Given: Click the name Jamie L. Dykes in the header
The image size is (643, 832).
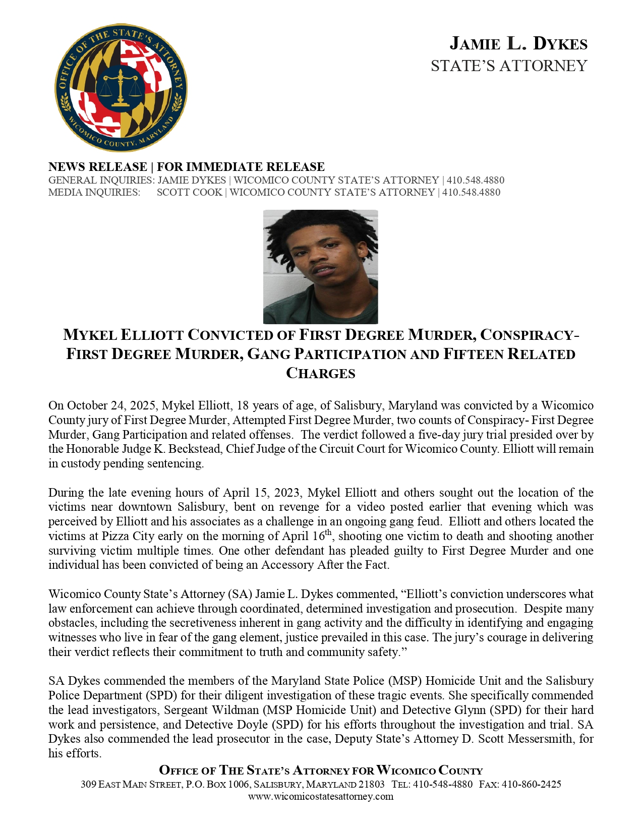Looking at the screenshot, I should pyautogui.click(x=518, y=44).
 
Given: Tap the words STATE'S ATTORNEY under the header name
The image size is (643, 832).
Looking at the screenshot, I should pyautogui.click(x=509, y=66).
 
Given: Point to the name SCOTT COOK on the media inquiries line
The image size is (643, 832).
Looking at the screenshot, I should pyautogui.click(x=189, y=192).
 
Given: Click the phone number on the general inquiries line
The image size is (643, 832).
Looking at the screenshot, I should pyautogui.click(x=475, y=180).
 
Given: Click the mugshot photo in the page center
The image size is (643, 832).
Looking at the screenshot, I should pyautogui.click(x=320, y=267).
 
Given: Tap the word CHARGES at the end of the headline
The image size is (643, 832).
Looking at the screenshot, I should pyautogui.click(x=321, y=373).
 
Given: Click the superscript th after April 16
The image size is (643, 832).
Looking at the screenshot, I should pyautogui.click(x=328, y=532).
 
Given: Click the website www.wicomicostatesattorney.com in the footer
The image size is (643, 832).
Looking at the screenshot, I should pyautogui.click(x=321, y=796).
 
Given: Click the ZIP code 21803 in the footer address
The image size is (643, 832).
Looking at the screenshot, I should pyautogui.click(x=371, y=784).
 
